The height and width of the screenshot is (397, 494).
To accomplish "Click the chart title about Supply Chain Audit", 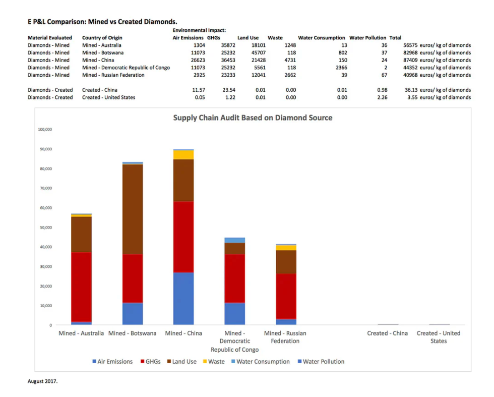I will point(253,118).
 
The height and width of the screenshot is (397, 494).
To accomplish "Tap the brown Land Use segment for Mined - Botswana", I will point(133,209).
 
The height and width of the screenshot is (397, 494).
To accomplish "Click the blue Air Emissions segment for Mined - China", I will point(183,299).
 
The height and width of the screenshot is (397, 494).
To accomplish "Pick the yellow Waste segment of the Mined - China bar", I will point(183,154).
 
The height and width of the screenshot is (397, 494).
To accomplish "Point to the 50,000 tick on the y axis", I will point(45,228).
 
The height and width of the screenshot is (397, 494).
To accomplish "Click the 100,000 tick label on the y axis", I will point(45,130).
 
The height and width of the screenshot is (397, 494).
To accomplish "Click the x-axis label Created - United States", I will point(438,337).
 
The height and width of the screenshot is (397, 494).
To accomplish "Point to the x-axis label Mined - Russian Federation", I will point(285,337).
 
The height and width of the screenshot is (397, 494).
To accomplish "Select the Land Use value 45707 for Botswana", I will point(250,52).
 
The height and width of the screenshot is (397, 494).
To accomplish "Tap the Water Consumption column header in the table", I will point(322,38).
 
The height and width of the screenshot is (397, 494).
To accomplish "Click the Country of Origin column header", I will point(102,38).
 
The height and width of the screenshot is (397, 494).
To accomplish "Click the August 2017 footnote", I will point(42,381).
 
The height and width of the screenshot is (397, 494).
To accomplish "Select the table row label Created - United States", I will point(108,97).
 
